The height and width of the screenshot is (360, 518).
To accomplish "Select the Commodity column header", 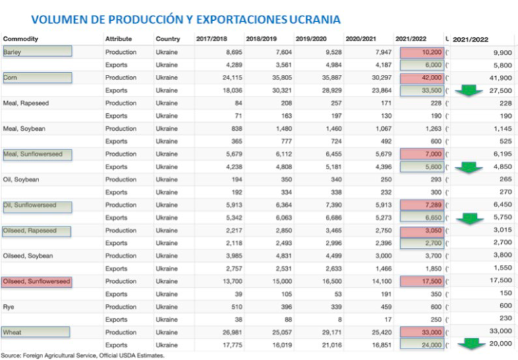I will point(20,39).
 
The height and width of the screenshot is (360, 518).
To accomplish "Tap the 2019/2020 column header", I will point(311,39).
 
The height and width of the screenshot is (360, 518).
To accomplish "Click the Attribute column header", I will point(119,39).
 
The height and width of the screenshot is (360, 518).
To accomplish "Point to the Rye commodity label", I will point(9,307).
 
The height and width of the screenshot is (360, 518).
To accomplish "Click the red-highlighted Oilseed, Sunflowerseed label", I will point(37,281).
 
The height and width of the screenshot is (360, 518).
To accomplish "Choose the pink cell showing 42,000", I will point(422,78).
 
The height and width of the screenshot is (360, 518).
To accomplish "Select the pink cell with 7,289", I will point(422,205).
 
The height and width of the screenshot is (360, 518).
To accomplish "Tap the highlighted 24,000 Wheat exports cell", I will point(422,345).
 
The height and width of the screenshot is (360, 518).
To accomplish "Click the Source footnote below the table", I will point(82,355).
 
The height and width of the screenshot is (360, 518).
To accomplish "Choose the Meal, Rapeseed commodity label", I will point(26,103).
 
